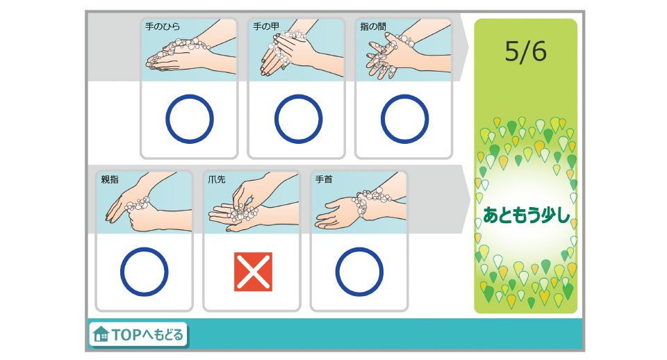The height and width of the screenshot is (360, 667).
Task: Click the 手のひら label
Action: pos(162,26)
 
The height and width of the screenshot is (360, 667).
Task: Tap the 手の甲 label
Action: pos(266,26)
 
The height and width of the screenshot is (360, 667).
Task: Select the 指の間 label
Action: pos(373,26)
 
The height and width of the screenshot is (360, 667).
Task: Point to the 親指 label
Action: pos(110,179)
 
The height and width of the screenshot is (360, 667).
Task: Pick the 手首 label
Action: pos(324,179)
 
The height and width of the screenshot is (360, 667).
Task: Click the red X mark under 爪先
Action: pos(253,272)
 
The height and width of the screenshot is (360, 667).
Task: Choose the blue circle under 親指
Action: pos(144,272)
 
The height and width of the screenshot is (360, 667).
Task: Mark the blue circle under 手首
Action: pos(359,272)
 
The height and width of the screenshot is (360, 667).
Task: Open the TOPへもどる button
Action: pos(138,335)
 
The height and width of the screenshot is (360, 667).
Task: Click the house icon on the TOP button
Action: pos(101,335)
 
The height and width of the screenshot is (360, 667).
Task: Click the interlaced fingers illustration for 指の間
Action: pos(404,53)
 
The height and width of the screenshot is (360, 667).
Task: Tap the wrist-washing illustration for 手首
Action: pos(359,206)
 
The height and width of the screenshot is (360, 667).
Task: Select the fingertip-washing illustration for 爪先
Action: pos(252,206)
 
